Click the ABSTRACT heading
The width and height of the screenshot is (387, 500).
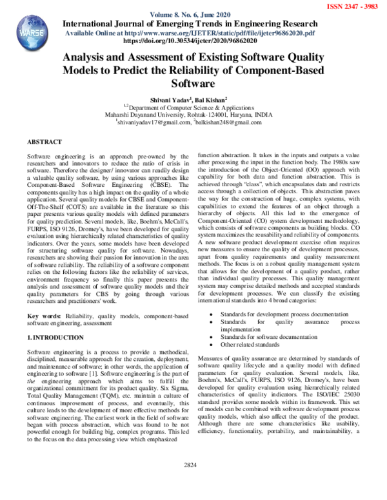[x=45, y=140]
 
